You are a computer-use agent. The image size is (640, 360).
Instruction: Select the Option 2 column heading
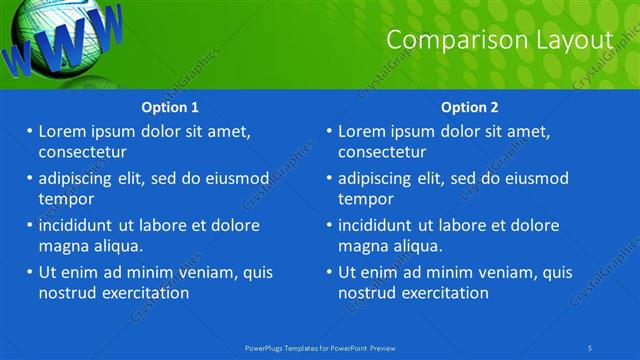click(470, 107)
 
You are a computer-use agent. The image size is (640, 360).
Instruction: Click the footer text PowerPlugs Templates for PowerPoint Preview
click(320, 347)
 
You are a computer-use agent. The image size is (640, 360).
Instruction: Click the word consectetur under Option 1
click(82, 152)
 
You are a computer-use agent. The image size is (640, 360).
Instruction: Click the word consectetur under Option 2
click(382, 152)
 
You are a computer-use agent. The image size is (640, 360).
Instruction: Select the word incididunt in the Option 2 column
click(380, 225)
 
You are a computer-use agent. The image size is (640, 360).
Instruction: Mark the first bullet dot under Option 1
click(30, 131)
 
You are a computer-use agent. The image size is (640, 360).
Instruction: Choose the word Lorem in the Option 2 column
click(361, 131)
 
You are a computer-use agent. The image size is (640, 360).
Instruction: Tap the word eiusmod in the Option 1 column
click(236, 178)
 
